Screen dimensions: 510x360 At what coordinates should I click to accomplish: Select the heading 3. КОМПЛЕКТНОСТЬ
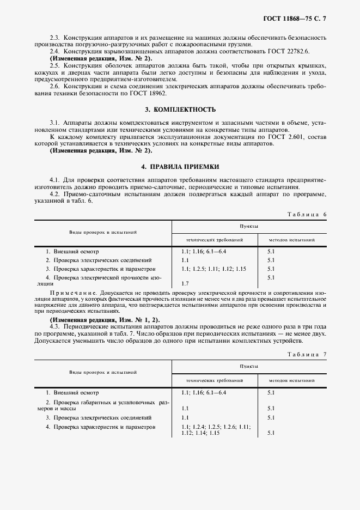point(180,110)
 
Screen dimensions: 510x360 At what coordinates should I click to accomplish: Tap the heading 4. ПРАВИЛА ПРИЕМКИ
point(180,167)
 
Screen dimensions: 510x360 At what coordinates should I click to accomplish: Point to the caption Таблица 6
point(306,214)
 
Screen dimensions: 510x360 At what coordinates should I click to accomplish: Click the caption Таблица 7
point(306,355)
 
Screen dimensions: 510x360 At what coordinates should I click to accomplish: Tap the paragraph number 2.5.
point(54,65)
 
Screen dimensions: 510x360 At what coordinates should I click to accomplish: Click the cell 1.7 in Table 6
point(185,284)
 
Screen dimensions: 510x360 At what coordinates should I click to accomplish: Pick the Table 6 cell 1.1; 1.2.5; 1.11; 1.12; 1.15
point(213,269)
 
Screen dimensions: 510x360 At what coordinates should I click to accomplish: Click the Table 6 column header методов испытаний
point(290,239)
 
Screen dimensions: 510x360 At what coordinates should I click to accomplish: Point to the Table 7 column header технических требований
point(214,380)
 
